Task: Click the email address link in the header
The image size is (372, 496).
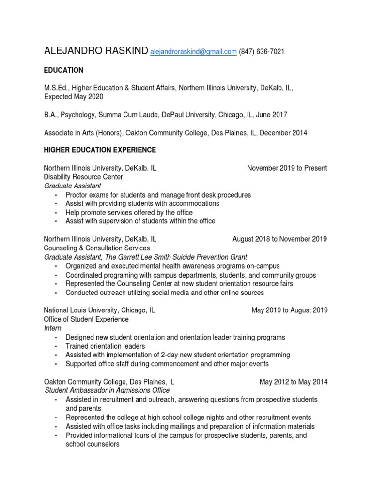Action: click(x=193, y=52)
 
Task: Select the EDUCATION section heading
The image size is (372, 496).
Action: click(x=63, y=70)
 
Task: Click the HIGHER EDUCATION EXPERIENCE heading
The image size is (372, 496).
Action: click(x=100, y=150)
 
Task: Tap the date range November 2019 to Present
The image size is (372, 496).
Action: click(x=287, y=168)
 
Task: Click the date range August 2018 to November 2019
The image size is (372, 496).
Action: click(x=279, y=239)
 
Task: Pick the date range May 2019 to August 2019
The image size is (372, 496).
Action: click(x=289, y=310)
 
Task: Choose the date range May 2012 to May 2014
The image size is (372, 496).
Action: click(x=293, y=382)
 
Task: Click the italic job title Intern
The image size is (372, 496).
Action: click(x=52, y=328)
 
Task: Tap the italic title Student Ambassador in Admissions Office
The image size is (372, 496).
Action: click(x=107, y=390)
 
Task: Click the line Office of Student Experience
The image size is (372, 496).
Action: click(x=86, y=319)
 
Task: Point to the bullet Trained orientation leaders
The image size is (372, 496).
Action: click(x=105, y=346)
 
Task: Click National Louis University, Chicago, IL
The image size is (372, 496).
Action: click(x=99, y=310)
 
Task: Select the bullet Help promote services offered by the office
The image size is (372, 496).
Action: click(x=129, y=213)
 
